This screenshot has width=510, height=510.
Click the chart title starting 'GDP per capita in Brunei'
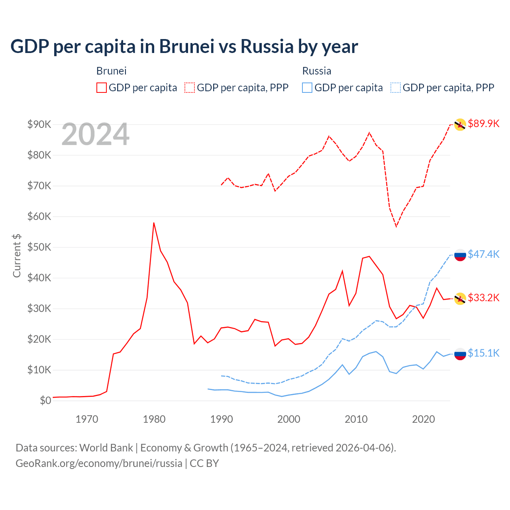(184, 46)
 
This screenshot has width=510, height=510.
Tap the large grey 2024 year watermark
(95, 135)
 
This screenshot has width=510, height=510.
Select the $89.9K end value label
(483, 124)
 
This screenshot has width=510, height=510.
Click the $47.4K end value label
(483, 254)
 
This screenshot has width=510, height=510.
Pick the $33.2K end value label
(483, 298)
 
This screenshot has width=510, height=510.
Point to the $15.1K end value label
(483, 353)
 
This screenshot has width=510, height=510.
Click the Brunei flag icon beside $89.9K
(460, 125)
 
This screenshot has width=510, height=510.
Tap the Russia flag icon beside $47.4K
(460, 255)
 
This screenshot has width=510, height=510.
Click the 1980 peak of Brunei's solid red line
(154, 223)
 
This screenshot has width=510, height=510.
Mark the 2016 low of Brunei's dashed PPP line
(396, 226)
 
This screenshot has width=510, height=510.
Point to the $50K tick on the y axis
(39, 247)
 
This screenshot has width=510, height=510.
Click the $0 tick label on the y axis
(45, 400)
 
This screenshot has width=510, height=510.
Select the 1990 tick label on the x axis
(222, 419)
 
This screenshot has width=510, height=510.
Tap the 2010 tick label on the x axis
(356, 419)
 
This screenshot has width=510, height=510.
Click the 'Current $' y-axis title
(17, 256)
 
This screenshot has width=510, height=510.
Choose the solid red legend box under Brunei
(102, 88)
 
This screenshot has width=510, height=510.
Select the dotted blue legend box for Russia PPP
(396, 88)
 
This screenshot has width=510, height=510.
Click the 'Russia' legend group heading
(317, 71)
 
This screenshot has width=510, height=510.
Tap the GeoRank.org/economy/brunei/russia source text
(99, 463)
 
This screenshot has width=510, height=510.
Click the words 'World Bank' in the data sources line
(106, 448)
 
